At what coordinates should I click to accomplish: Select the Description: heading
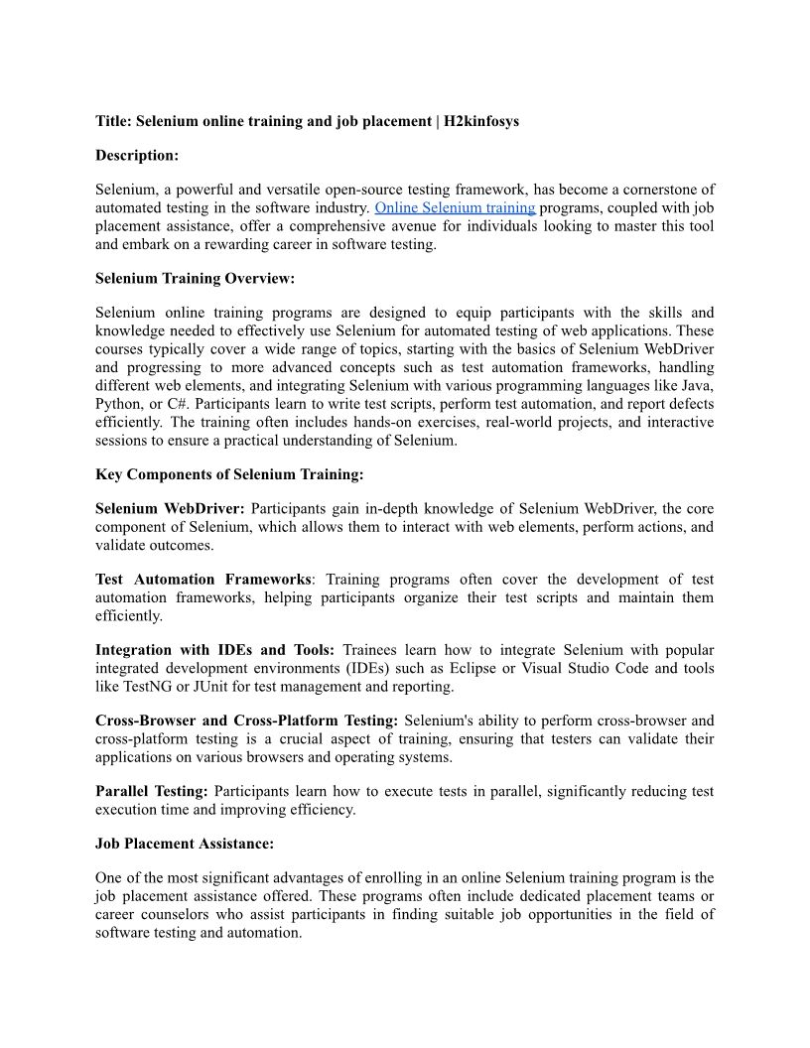tap(137, 155)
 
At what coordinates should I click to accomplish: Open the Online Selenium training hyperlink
tap(455, 207)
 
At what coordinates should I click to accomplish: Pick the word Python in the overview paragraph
tap(118, 404)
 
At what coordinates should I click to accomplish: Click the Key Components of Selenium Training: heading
tap(229, 474)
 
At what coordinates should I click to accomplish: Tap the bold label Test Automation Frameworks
tap(203, 579)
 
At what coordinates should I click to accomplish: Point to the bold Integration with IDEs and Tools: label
tap(214, 650)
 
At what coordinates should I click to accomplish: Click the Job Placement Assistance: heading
tap(185, 844)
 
